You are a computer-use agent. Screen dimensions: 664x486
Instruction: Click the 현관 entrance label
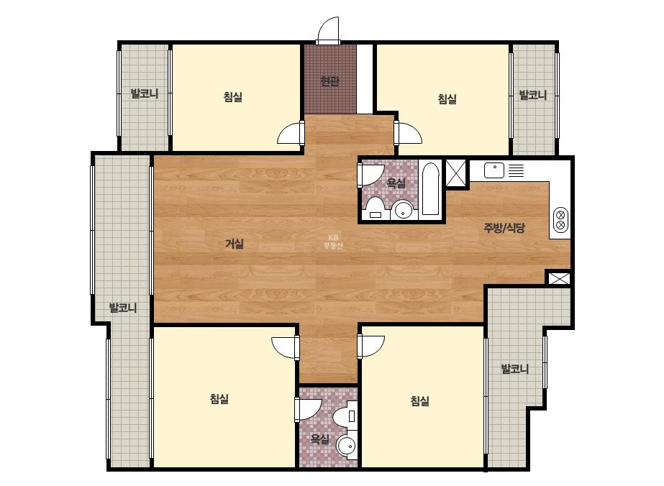click(329, 81)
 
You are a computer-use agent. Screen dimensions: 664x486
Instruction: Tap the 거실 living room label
click(235, 244)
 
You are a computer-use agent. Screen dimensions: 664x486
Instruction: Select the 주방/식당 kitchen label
click(504, 228)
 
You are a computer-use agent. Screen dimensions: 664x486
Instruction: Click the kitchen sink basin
click(494, 170)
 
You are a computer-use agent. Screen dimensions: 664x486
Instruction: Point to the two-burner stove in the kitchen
click(560, 220)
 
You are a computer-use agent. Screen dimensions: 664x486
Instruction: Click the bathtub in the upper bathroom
click(430, 189)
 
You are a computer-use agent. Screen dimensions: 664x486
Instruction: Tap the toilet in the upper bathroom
click(376, 208)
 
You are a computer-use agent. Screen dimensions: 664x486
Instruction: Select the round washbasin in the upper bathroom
click(402, 210)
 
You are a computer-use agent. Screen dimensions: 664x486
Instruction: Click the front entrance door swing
click(329, 29)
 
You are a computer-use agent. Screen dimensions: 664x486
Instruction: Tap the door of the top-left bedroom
click(291, 133)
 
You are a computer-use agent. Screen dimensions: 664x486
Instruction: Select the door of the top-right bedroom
click(408, 133)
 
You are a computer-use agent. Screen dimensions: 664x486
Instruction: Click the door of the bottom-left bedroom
click(286, 347)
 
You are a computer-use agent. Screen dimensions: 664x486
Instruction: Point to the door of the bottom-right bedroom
click(371, 347)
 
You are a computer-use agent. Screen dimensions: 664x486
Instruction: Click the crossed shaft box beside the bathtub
click(455, 173)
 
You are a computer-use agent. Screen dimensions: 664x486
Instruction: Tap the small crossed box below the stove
click(559, 278)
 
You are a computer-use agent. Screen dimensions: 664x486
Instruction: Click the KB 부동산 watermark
click(333, 242)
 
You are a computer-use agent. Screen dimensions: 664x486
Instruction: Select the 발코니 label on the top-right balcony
click(533, 95)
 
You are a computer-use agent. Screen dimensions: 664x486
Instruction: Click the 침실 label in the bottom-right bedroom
click(419, 400)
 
